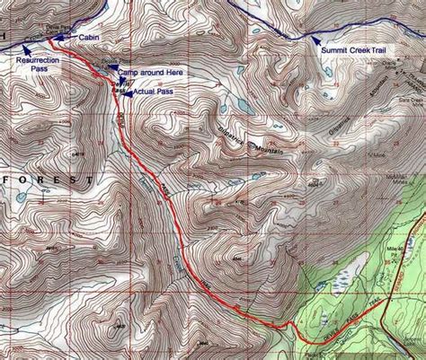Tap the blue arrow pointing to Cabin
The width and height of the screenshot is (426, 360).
pyautogui.click(x=59, y=37)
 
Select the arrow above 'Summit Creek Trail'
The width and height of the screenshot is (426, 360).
pyautogui.click(x=315, y=38)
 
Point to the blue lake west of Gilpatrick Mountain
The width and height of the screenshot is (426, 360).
pyautogui.click(x=244, y=106)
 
